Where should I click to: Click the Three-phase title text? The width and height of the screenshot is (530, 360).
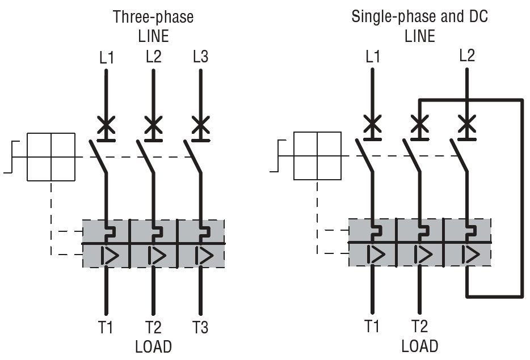[x=153, y=17]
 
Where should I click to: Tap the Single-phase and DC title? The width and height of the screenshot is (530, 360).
[x=419, y=16]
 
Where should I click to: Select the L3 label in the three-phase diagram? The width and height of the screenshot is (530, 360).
[x=200, y=56]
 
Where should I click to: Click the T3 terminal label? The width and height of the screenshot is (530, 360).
[x=200, y=327]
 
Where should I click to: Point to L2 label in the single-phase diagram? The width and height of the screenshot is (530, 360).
[x=467, y=56]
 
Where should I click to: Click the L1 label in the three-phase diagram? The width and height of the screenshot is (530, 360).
[x=107, y=58]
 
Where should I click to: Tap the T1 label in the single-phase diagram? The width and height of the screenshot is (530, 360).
[x=372, y=326]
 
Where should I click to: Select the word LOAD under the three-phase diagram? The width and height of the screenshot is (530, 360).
[x=153, y=347]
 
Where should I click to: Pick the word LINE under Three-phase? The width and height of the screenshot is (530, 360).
[x=153, y=36]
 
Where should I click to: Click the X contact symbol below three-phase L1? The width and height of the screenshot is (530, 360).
[x=106, y=125]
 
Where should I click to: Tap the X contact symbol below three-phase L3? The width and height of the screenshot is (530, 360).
[x=201, y=125]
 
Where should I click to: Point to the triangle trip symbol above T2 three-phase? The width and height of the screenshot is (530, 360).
[x=157, y=255]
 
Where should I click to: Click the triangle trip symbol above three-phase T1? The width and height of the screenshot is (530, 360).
[x=110, y=255]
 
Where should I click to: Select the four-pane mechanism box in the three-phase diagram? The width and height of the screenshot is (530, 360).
[x=51, y=157]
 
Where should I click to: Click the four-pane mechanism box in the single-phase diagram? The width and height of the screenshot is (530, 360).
[x=317, y=156]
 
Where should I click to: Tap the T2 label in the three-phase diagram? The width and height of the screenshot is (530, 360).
[x=153, y=327]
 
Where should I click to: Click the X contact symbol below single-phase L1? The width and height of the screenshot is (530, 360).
[x=372, y=124]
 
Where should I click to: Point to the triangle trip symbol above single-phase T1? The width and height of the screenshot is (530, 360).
[x=376, y=254]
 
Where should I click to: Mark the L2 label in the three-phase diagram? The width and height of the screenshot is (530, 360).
[x=153, y=56]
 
